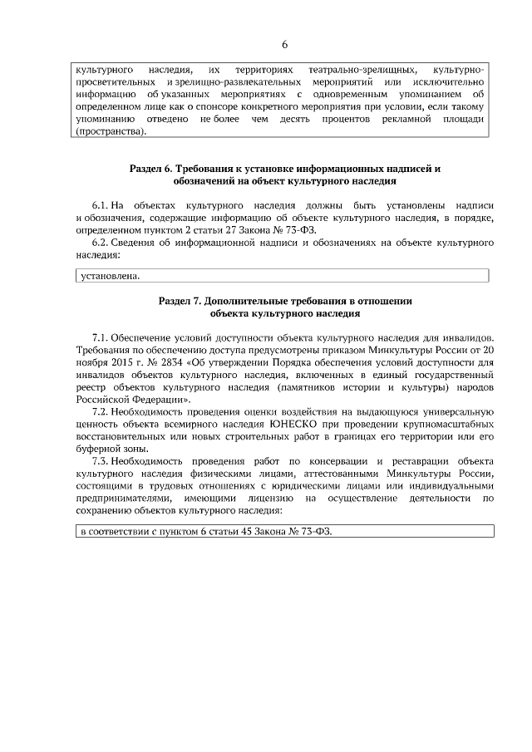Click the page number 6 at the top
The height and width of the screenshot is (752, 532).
284,44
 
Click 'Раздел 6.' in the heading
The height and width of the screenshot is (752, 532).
153,169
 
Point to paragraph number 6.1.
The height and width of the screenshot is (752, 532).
100,204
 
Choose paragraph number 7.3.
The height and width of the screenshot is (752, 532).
100,461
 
